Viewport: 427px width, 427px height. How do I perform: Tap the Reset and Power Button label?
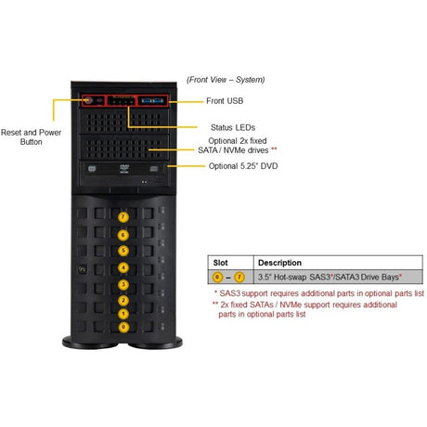pos(31,136)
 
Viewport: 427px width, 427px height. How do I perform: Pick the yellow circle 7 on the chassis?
pos(123,216)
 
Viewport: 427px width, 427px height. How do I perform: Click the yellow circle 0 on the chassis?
pos(123,327)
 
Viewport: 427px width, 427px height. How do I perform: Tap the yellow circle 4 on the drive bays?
pos(123,267)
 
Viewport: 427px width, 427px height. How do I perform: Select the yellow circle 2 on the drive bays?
pos(123,299)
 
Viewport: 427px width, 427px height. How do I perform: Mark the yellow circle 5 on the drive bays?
pos(123,252)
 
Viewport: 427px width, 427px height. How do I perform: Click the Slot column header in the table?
pos(223,263)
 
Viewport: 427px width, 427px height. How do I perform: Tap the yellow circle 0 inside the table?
pos(218,278)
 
